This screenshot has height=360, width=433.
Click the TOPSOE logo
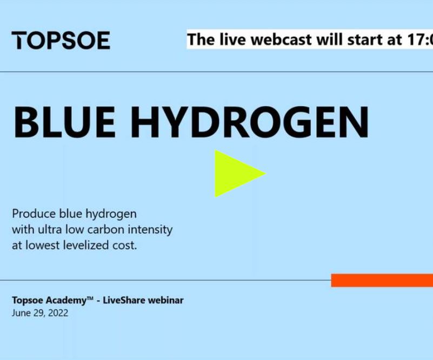[x=61, y=41]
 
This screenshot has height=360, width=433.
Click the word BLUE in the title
[x=64, y=122]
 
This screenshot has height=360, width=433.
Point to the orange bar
[x=382, y=281]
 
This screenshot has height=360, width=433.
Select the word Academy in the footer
[x=68, y=300]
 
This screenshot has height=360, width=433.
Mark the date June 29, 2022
[x=40, y=313]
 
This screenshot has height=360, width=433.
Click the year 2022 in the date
[x=57, y=313]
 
